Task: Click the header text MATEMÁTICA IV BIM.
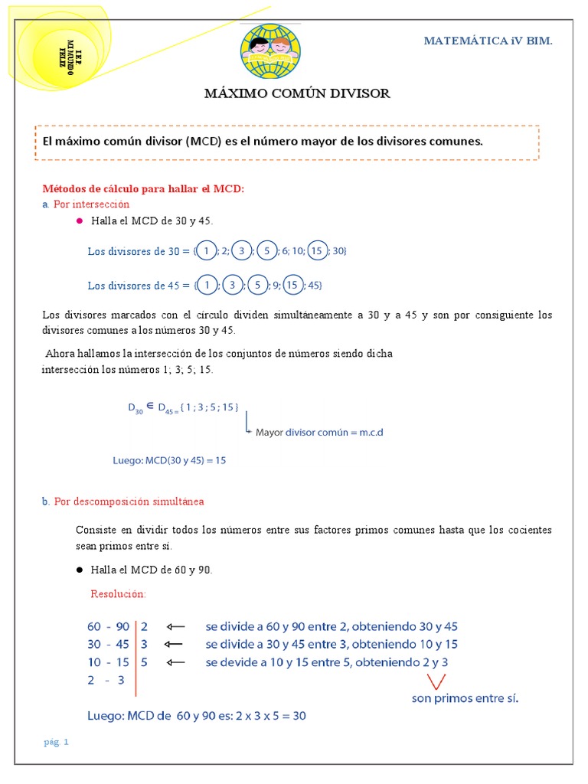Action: click(x=488, y=41)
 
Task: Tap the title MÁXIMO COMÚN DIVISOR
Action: click(x=297, y=93)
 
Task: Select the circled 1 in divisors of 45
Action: click(x=207, y=286)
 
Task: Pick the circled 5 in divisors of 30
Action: click(x=267, y=250)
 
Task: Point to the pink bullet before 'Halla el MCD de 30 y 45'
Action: click(x=79, y=220)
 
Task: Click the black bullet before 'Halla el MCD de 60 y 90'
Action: click(x=79, y=570)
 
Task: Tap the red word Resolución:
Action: click(x=118, y=594)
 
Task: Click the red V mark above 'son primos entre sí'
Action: click(x=437, y=680)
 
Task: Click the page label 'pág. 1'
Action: click(x=56, y=742)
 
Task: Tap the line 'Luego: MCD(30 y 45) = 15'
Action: click(x=169, y=460)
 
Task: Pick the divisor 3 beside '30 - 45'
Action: click(x=144, y=644)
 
